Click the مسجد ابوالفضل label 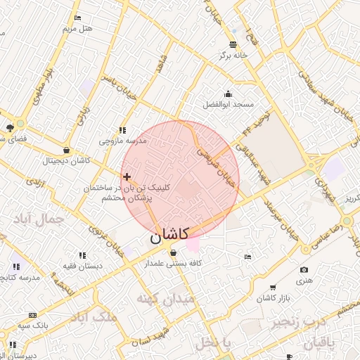click(x=228, y=104)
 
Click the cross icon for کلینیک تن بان click(x=127, y=176)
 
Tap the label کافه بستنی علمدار click(x=173, y=264)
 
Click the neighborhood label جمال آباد click(x=37, y=220)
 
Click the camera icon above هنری click(x=304, y=270)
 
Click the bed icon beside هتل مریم click(x=77, y=18)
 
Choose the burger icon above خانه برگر click(x=233, y=44)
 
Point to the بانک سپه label click(x=34, y=326)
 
